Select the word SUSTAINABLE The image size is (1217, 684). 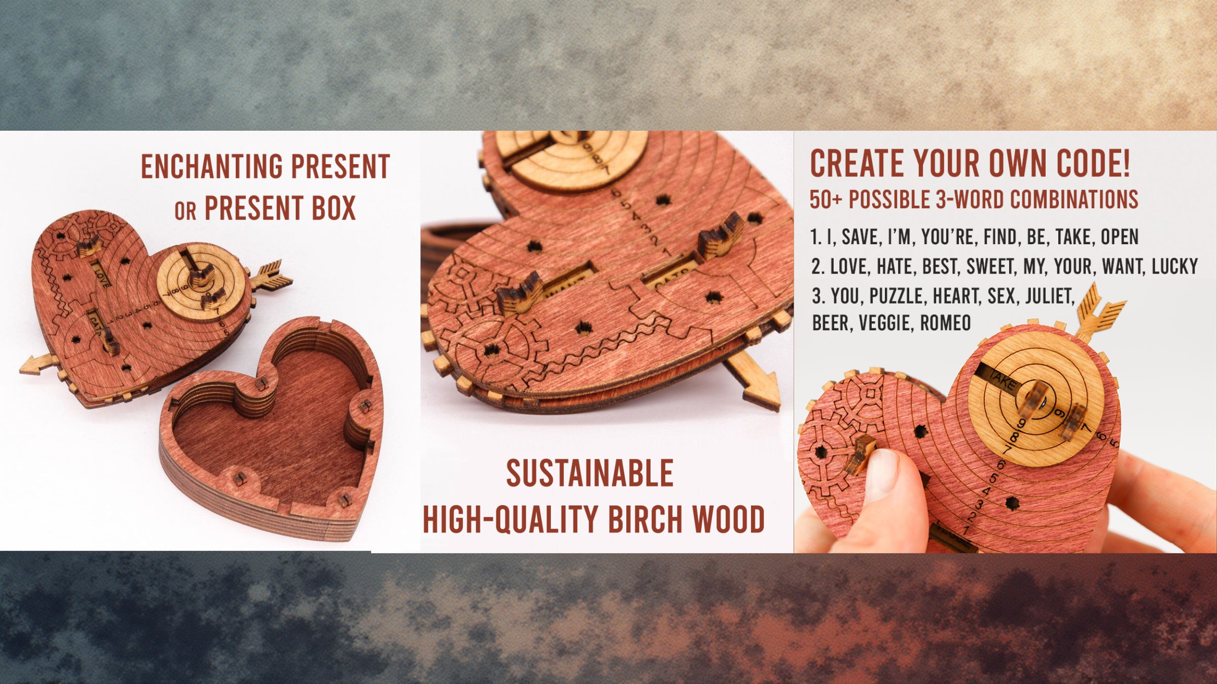coord(590,473)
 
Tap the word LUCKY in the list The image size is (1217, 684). coord(1174,267)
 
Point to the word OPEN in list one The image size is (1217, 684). coord(1120,237)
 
